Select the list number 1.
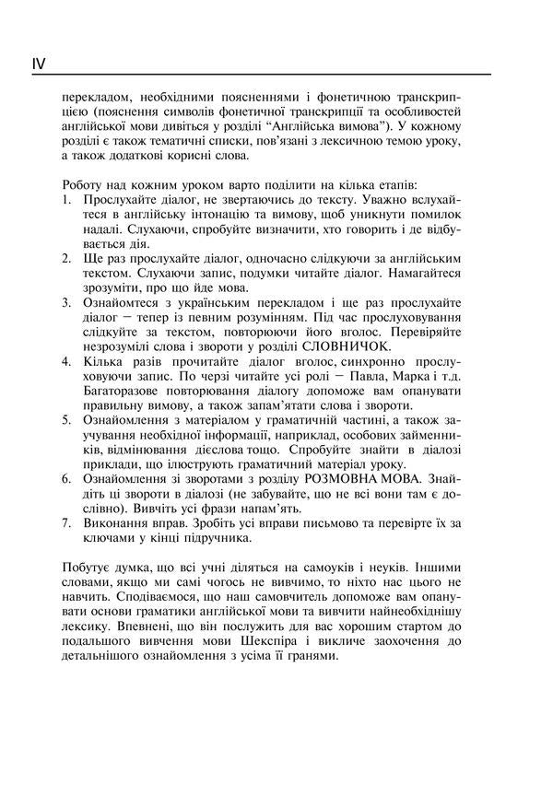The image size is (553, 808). pyautogui.click(x=66, y=196)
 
